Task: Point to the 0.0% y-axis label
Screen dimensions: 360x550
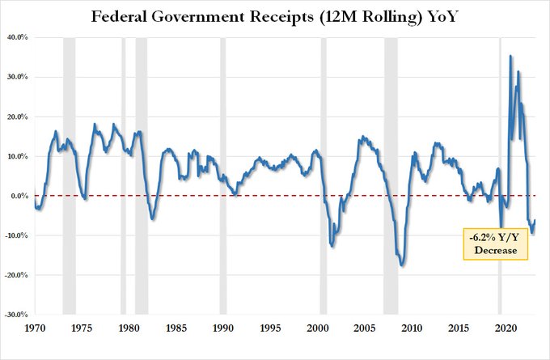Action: [18, 196]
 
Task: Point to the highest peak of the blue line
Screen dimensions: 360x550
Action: [510, 56]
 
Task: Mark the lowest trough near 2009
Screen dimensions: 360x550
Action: [402, 265]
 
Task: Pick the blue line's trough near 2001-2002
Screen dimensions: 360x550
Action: [332, 244]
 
